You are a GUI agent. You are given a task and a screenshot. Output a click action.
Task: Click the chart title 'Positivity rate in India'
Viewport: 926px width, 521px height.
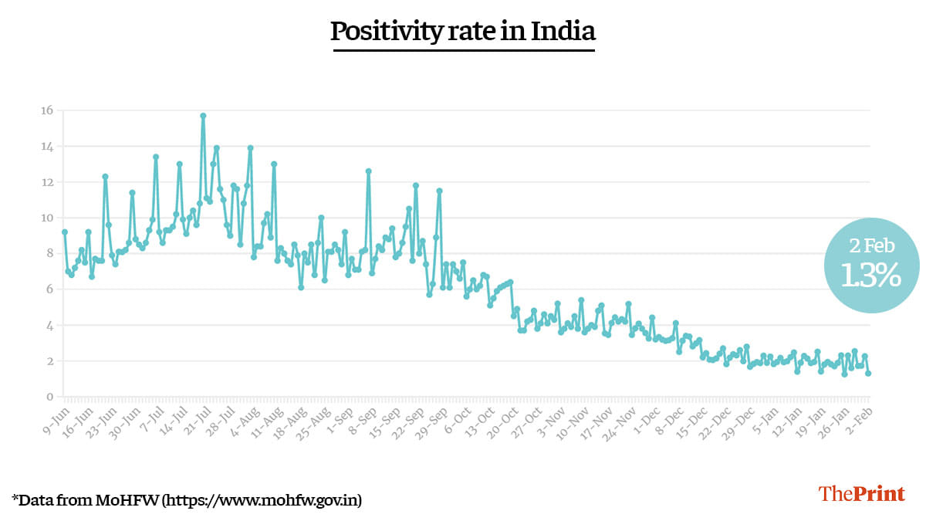point(463,32)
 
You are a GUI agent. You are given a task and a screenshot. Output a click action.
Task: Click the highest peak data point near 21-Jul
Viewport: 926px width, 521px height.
point(203,116)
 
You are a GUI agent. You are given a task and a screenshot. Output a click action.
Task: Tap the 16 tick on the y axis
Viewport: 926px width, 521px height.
point(48,110)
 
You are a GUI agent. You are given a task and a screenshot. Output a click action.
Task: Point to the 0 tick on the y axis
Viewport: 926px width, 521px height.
point(50,397)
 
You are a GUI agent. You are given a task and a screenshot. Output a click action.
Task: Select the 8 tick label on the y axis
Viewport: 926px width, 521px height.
point(50,253)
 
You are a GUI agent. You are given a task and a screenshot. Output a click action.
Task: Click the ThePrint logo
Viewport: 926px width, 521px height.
point(861,494)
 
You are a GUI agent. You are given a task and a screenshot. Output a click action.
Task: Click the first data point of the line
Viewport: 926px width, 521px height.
point(65,232)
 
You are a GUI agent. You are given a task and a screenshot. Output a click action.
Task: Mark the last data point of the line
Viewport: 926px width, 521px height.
point(868,374)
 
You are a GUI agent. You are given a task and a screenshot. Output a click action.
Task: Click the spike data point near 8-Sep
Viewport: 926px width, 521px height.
point(369,171)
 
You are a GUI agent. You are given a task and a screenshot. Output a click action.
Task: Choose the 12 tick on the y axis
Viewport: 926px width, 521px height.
point(48,182)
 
